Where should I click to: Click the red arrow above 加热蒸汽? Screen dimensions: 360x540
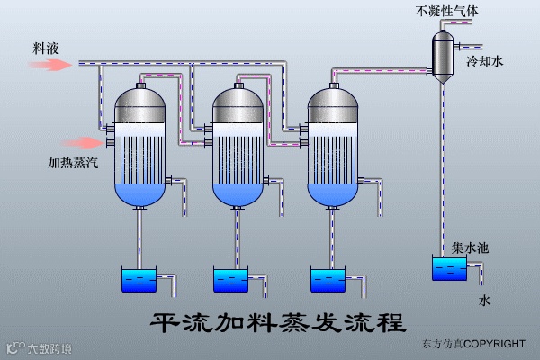point(86,142)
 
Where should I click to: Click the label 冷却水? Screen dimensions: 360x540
point(483,62)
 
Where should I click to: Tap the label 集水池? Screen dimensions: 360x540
point(471,247)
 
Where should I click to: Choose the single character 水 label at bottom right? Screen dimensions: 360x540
point(485,300)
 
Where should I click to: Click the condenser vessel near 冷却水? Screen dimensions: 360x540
point(441,56)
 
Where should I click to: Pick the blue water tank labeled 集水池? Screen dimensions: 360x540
point(449,269)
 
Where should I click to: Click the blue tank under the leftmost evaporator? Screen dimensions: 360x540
point(139,280)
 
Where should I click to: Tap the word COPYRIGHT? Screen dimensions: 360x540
point(495,344)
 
